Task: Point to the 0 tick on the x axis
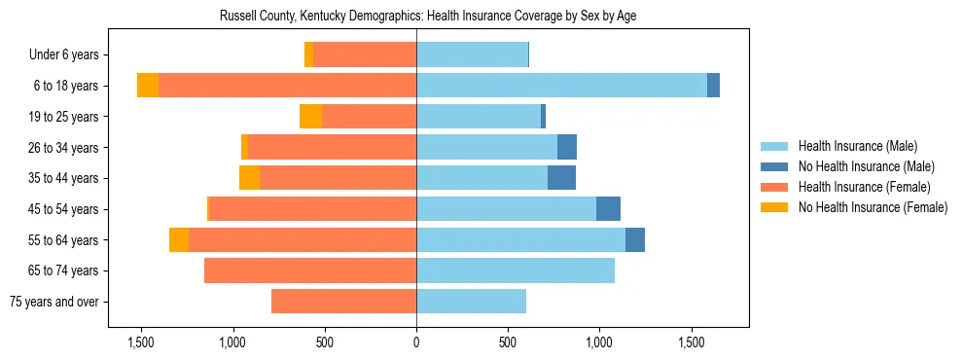(416, 342)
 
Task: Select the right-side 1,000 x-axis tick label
(599, 342)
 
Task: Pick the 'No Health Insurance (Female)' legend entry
(873, 207)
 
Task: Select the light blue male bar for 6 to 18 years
(561, 86)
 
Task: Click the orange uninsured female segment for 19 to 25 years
(310, 117)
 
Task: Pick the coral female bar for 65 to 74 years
(310, 270)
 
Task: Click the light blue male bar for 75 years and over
(471, 302)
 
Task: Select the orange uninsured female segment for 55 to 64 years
(179, 239)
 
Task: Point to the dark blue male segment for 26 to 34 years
(567, 147)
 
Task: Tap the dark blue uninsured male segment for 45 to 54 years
(608, 209)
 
